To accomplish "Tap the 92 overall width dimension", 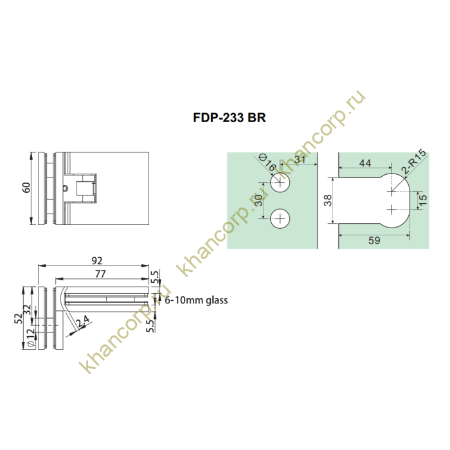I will coord(98,261).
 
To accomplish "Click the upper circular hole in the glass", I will coord(280,184).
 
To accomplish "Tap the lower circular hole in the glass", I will coord(280,219).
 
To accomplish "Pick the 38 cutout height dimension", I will coord(328,201).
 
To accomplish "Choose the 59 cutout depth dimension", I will coord(373,242).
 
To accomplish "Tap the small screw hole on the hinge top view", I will coord(66,189).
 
